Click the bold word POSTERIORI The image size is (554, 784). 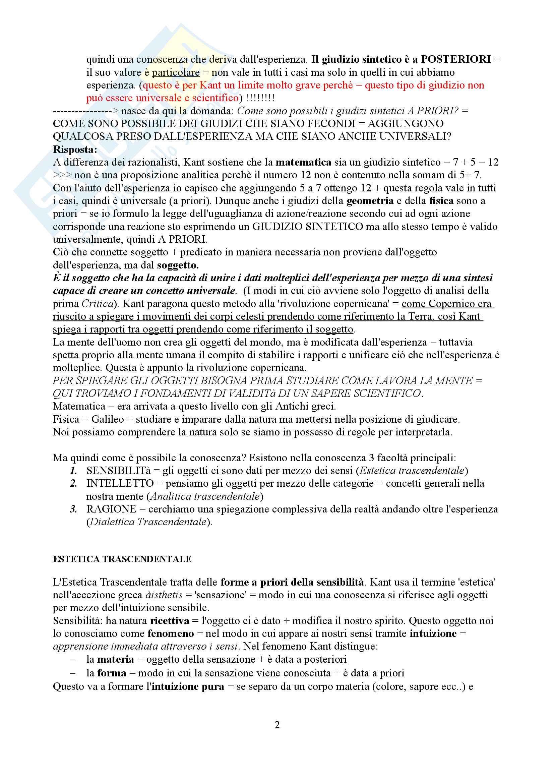[x=455, y=59]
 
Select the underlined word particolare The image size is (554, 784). [x=176, y=72]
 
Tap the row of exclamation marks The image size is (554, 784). [x=260, y=98]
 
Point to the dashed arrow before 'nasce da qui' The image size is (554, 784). [x=85, y=111]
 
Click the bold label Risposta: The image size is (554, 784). [x=75, y=149]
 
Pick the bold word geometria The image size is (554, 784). [x=370, y=201]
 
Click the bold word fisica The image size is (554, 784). [x=441, y=201]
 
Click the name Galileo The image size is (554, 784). [x=108, y=419]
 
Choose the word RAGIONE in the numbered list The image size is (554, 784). [x=111, y=509]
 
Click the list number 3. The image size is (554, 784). [x=73, y=509]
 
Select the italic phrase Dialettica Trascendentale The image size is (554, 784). [x=148, y=522]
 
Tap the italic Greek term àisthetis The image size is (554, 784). [x=164, y=595]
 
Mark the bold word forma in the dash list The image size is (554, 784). [x=112, y=673]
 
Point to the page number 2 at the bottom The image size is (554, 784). [x=277, y=725]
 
